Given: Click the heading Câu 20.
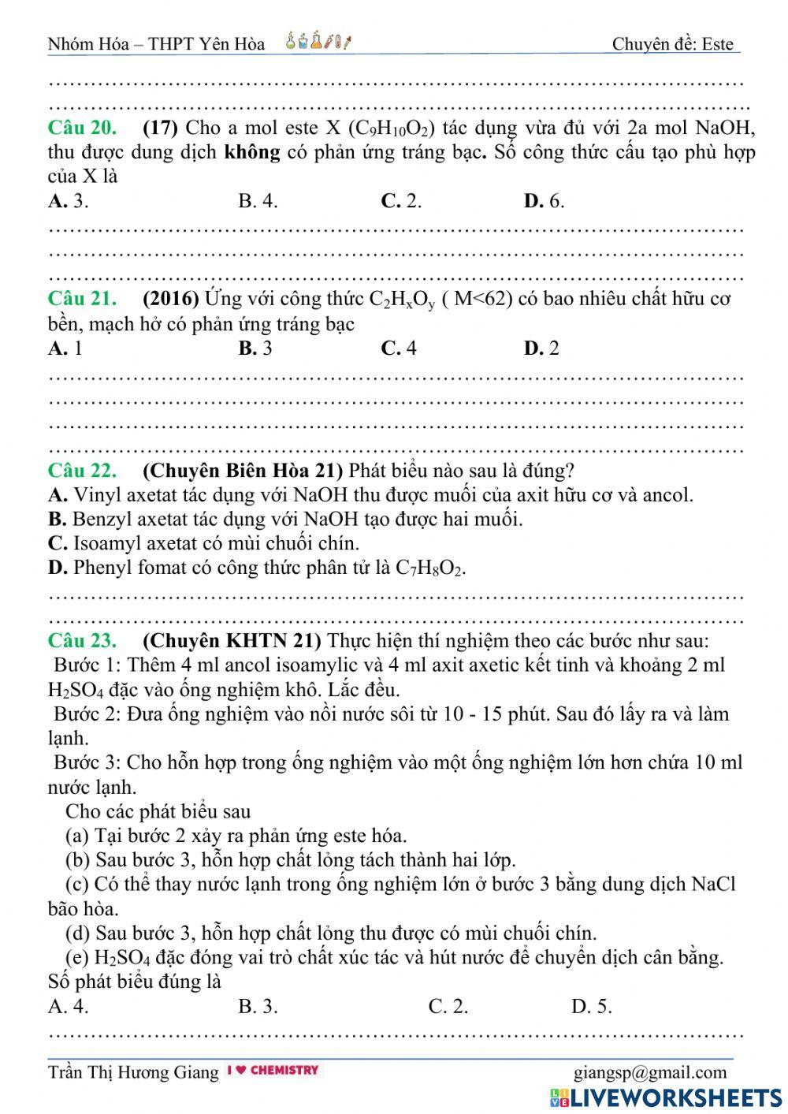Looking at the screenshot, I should (x=83, y=128).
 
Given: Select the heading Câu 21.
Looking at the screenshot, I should (x=83, y=299).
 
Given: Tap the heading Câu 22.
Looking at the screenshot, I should (x=83, y=471).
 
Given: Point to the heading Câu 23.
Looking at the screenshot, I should (x=83, y=640).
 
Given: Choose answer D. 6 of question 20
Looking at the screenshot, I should (x=544, y=201).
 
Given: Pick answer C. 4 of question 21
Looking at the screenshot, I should (x=399, y=348).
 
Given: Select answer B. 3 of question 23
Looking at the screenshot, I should (x=258, y=1007).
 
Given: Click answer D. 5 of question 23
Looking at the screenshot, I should (x=591, y=1007).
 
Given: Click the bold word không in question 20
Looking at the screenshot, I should (x=252, y=152).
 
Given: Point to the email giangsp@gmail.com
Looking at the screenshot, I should (x=650, y=1072).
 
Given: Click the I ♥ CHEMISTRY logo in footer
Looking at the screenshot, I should (x=273, y=1071).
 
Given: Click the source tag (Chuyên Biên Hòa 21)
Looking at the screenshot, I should (x=243, y=471).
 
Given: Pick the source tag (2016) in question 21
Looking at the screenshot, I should (x=171, y=299).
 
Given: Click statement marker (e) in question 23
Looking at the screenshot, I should (x=79, y=958).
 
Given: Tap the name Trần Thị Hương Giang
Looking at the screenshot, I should (x=133, y=1072).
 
